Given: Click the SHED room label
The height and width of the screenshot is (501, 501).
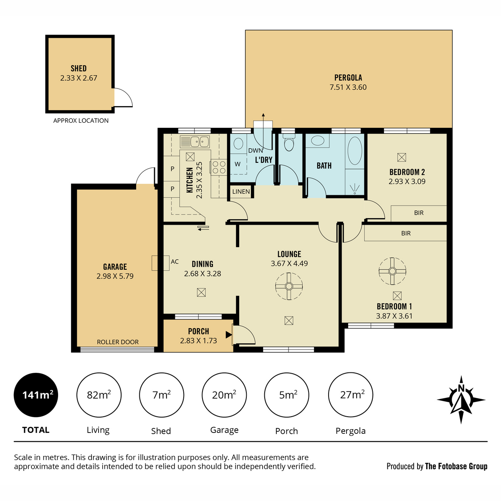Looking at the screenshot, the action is click(x=78, y=68).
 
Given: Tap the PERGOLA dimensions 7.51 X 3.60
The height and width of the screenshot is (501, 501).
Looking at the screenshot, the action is click(x=348, y=87).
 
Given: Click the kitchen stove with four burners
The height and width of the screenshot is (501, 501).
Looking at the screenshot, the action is click(x=219, y=167).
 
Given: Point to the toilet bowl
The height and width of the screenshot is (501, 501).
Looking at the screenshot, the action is click(x=289, y=143).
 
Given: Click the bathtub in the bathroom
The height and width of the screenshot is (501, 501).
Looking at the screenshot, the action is click(x=354, y=151).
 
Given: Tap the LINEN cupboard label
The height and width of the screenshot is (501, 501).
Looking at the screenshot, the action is click(x=241, y=192).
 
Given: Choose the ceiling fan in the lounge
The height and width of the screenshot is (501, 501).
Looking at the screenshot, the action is click(x=289, y=286).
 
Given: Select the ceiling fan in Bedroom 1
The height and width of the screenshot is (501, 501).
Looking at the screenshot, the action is click(x=392, y=271).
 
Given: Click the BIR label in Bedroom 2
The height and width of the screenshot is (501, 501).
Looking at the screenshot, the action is click(x=419, y=213).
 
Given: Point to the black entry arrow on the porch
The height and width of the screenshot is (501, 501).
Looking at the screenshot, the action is click(x=228, y=335).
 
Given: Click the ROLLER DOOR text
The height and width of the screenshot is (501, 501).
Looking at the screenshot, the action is click(x=117, y=342).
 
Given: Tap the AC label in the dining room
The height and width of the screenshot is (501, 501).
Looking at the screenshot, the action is click(x=175, y=261).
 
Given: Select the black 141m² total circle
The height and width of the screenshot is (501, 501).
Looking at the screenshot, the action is click(x=36, y=395).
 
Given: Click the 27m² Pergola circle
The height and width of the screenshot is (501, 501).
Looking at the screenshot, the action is click(x=350, y=395).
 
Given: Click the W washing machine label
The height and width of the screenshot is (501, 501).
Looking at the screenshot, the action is click(x=238, y=164).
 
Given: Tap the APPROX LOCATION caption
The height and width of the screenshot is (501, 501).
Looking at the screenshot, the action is click(x=81, y=121).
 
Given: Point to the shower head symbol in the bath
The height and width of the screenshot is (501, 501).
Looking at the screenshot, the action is click(x=354, y=188).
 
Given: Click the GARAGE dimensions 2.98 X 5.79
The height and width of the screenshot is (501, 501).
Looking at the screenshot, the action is click(x=115, y=276).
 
